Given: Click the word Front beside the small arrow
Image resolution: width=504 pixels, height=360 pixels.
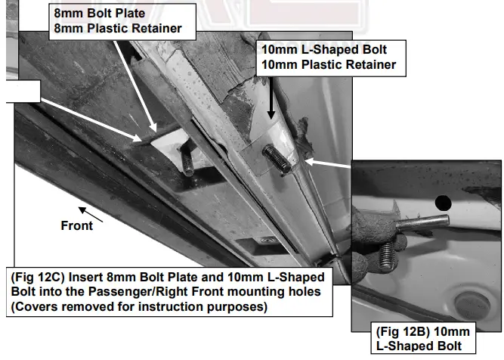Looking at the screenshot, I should (77, 225).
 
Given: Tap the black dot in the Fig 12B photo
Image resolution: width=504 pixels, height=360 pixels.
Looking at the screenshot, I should (443, 202).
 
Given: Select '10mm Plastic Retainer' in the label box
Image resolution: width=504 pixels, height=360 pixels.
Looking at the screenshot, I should (328, 65).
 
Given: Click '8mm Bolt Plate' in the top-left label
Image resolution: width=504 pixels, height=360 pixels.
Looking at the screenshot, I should (92, 14).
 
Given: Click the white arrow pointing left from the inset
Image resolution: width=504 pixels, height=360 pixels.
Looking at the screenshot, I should (329, 162).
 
